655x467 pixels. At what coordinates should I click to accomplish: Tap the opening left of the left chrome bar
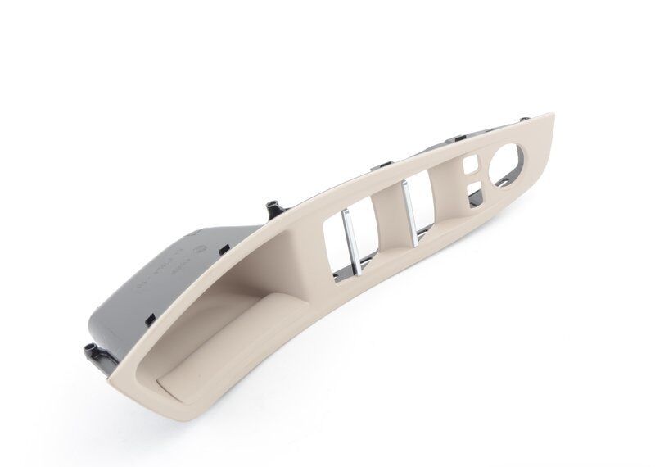(331, 238)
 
